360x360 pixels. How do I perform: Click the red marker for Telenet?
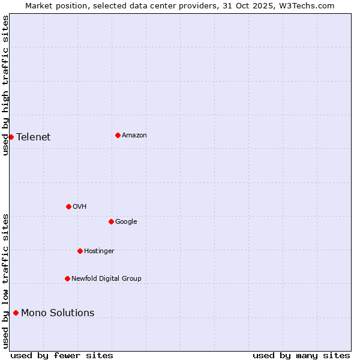(11, 137)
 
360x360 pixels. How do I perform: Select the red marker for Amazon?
(118, 135)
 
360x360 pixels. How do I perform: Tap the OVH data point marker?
(68, 206)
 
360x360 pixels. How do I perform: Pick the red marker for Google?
(111, 221)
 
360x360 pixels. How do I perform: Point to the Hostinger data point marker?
(80, 251)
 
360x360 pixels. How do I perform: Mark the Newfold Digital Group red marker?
(67, 278)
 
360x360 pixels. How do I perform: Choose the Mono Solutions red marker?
(16, 313)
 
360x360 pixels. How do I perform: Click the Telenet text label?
(34, 137)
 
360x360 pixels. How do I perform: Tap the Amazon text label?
(134, 135)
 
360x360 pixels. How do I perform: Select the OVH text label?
(80, 206)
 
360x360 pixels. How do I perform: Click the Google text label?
(126, 221)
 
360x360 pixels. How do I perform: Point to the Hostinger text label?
(99, 251)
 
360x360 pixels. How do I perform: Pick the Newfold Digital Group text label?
(106, 278)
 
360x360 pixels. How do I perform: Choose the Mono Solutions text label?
(58, 313)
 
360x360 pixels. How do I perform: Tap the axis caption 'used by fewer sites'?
(62, 355)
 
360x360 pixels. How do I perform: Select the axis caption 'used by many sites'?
(301, 355)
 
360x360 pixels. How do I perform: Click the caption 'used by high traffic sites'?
(5, 85)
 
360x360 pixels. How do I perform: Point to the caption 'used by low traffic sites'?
(5, 281)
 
